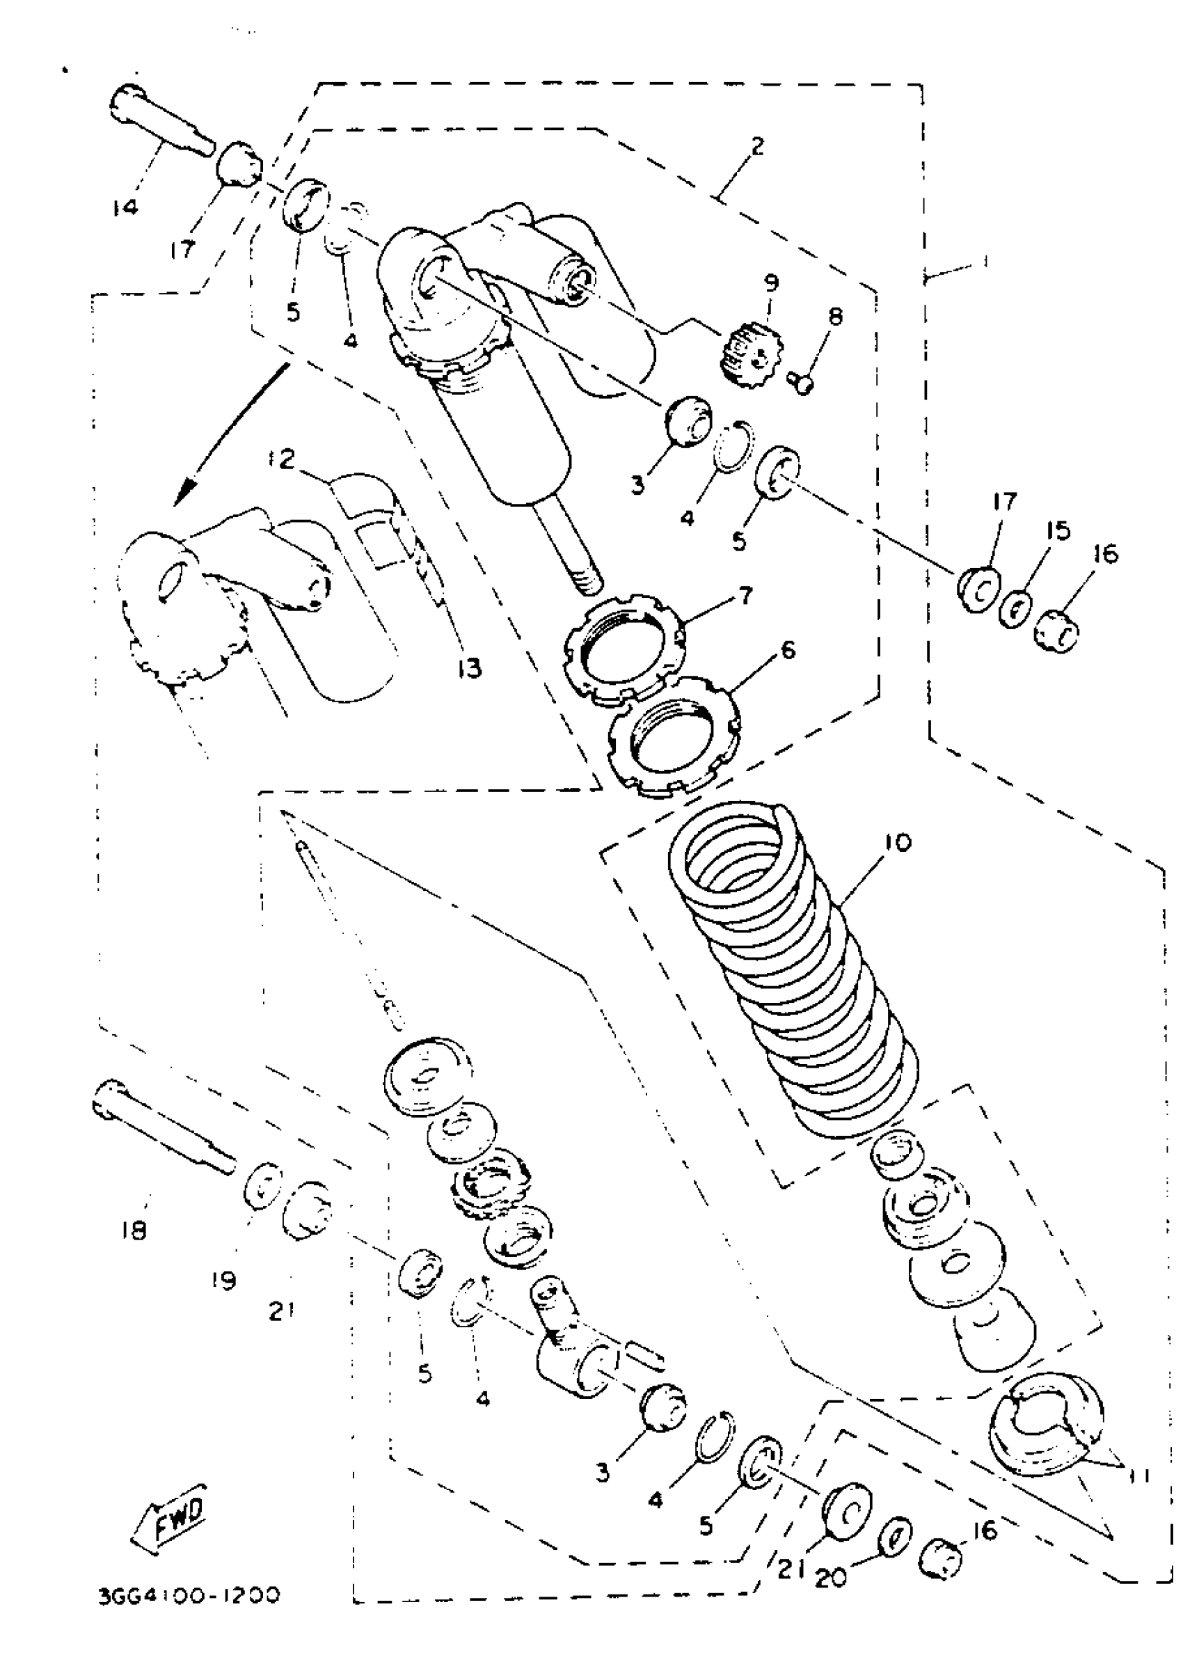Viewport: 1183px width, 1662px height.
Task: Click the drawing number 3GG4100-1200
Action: coord(189,1596)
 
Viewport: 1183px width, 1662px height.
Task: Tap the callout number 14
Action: coord(125,207)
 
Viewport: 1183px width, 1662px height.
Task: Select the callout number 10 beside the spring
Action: coord(898,843)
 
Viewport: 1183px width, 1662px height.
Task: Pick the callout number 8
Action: coord(835,316)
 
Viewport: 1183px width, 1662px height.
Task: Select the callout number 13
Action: coord(470,667)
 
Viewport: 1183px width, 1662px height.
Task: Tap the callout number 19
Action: coord(224,1279)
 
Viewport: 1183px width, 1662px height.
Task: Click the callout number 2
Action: coord(757,146)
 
